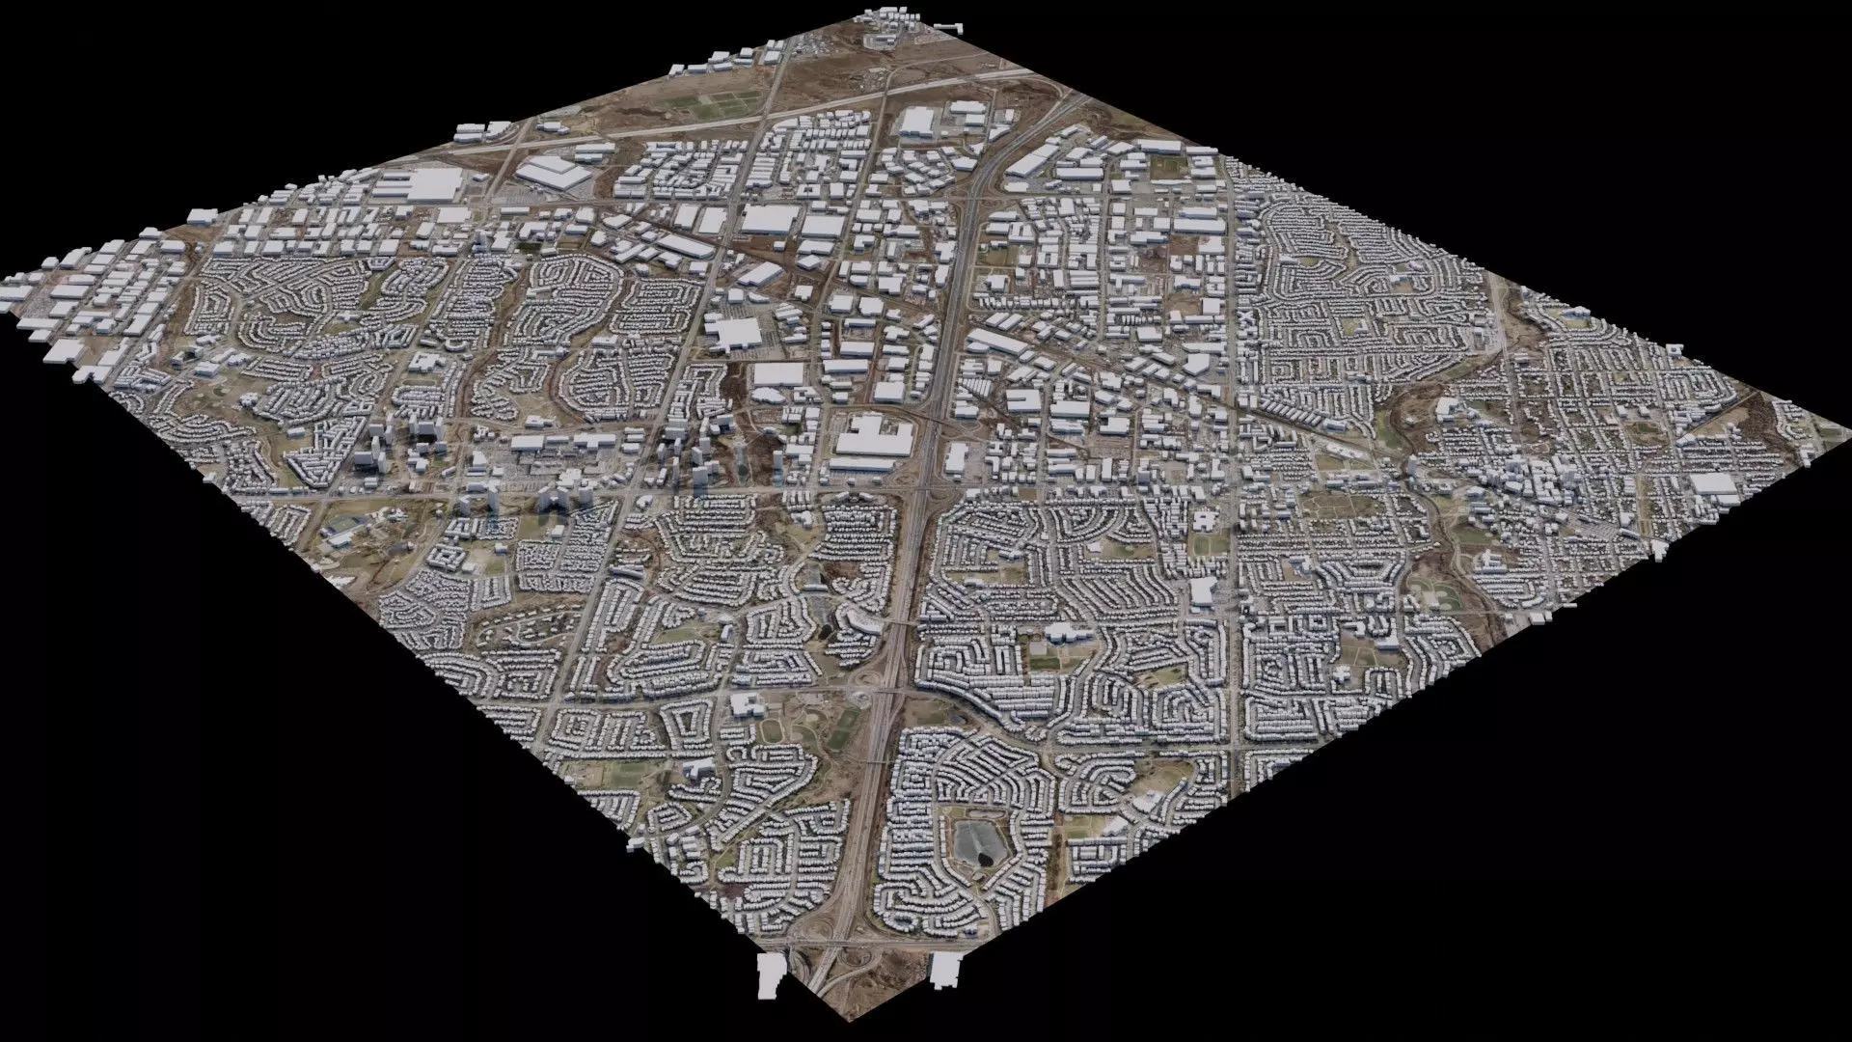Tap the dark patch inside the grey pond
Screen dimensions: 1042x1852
click(x=984, y=853)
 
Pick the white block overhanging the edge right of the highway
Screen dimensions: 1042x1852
click(x=945, y=969)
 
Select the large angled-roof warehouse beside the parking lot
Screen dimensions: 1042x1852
click(x=550, y=174)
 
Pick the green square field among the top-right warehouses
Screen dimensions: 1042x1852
click(x=1168, y=168)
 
